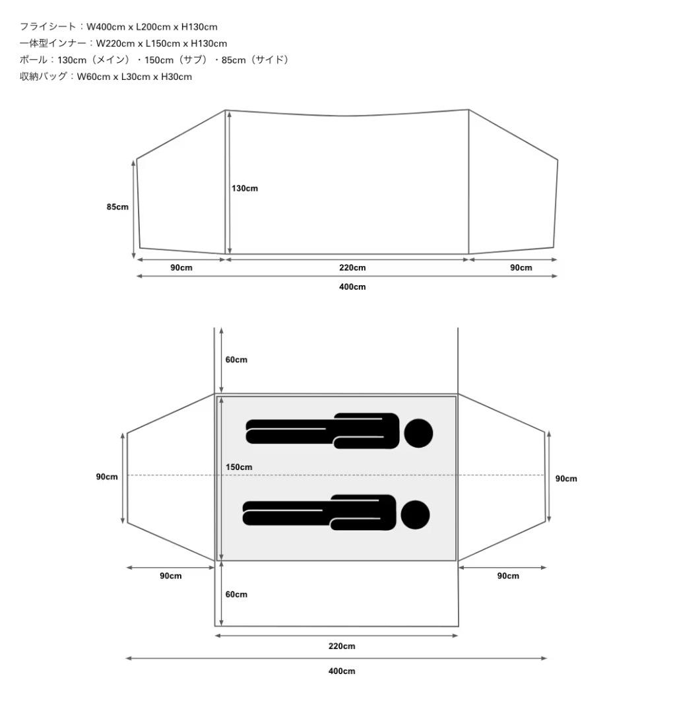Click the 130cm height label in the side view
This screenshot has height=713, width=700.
click(x=245, y=188)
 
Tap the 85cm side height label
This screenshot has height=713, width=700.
click(x=117, y=207)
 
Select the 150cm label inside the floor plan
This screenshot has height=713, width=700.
click(x=239, y=467)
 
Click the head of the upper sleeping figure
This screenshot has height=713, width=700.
click(x=418, y=433)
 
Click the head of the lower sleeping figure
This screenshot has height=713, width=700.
click(x=415, y=515)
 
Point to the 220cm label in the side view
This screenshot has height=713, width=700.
click(x=352, y=267)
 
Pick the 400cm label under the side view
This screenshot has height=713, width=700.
click(x=352, y=287)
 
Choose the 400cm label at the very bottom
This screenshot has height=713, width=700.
click(x=342, y=671)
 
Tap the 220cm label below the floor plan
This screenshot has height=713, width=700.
click(x=342, y=646)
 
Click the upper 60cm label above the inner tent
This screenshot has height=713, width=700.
click(x=236, y=360)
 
